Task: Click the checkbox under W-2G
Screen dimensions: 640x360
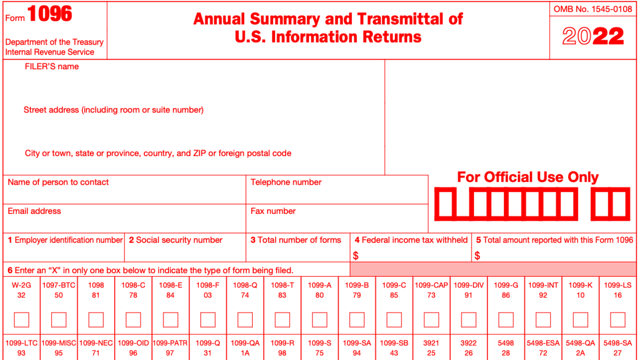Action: [x=21, y=319]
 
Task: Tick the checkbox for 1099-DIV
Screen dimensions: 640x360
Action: [x=468, y=319]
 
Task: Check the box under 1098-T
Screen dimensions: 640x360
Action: [x=282, y=319]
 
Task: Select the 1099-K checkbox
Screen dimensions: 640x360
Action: [x=580, y=319]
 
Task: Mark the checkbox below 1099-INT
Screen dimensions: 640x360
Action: [x=543, y=319]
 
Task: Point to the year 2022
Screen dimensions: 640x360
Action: [x=593, y=37]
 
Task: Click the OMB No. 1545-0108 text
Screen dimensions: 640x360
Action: [x=593, y=9]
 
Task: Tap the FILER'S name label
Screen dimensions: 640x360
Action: [x=52, y=67]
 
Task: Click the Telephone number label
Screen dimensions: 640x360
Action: [x=286, y=182]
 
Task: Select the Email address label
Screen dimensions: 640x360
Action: [x=34, y=211]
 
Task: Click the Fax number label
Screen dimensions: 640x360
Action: [x=273, y=211]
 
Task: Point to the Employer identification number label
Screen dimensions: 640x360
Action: [x=65, y=240]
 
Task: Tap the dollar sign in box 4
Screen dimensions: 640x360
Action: [x=356, y=256]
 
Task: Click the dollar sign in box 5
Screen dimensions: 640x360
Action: [x=477, y=256]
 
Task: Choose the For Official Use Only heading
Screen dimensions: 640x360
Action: [x=528, y=177]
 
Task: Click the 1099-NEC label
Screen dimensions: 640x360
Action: [x=96, y=343]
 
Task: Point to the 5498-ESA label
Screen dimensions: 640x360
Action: [x=543, y=343]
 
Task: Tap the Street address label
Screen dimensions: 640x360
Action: [x=113, y=110]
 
